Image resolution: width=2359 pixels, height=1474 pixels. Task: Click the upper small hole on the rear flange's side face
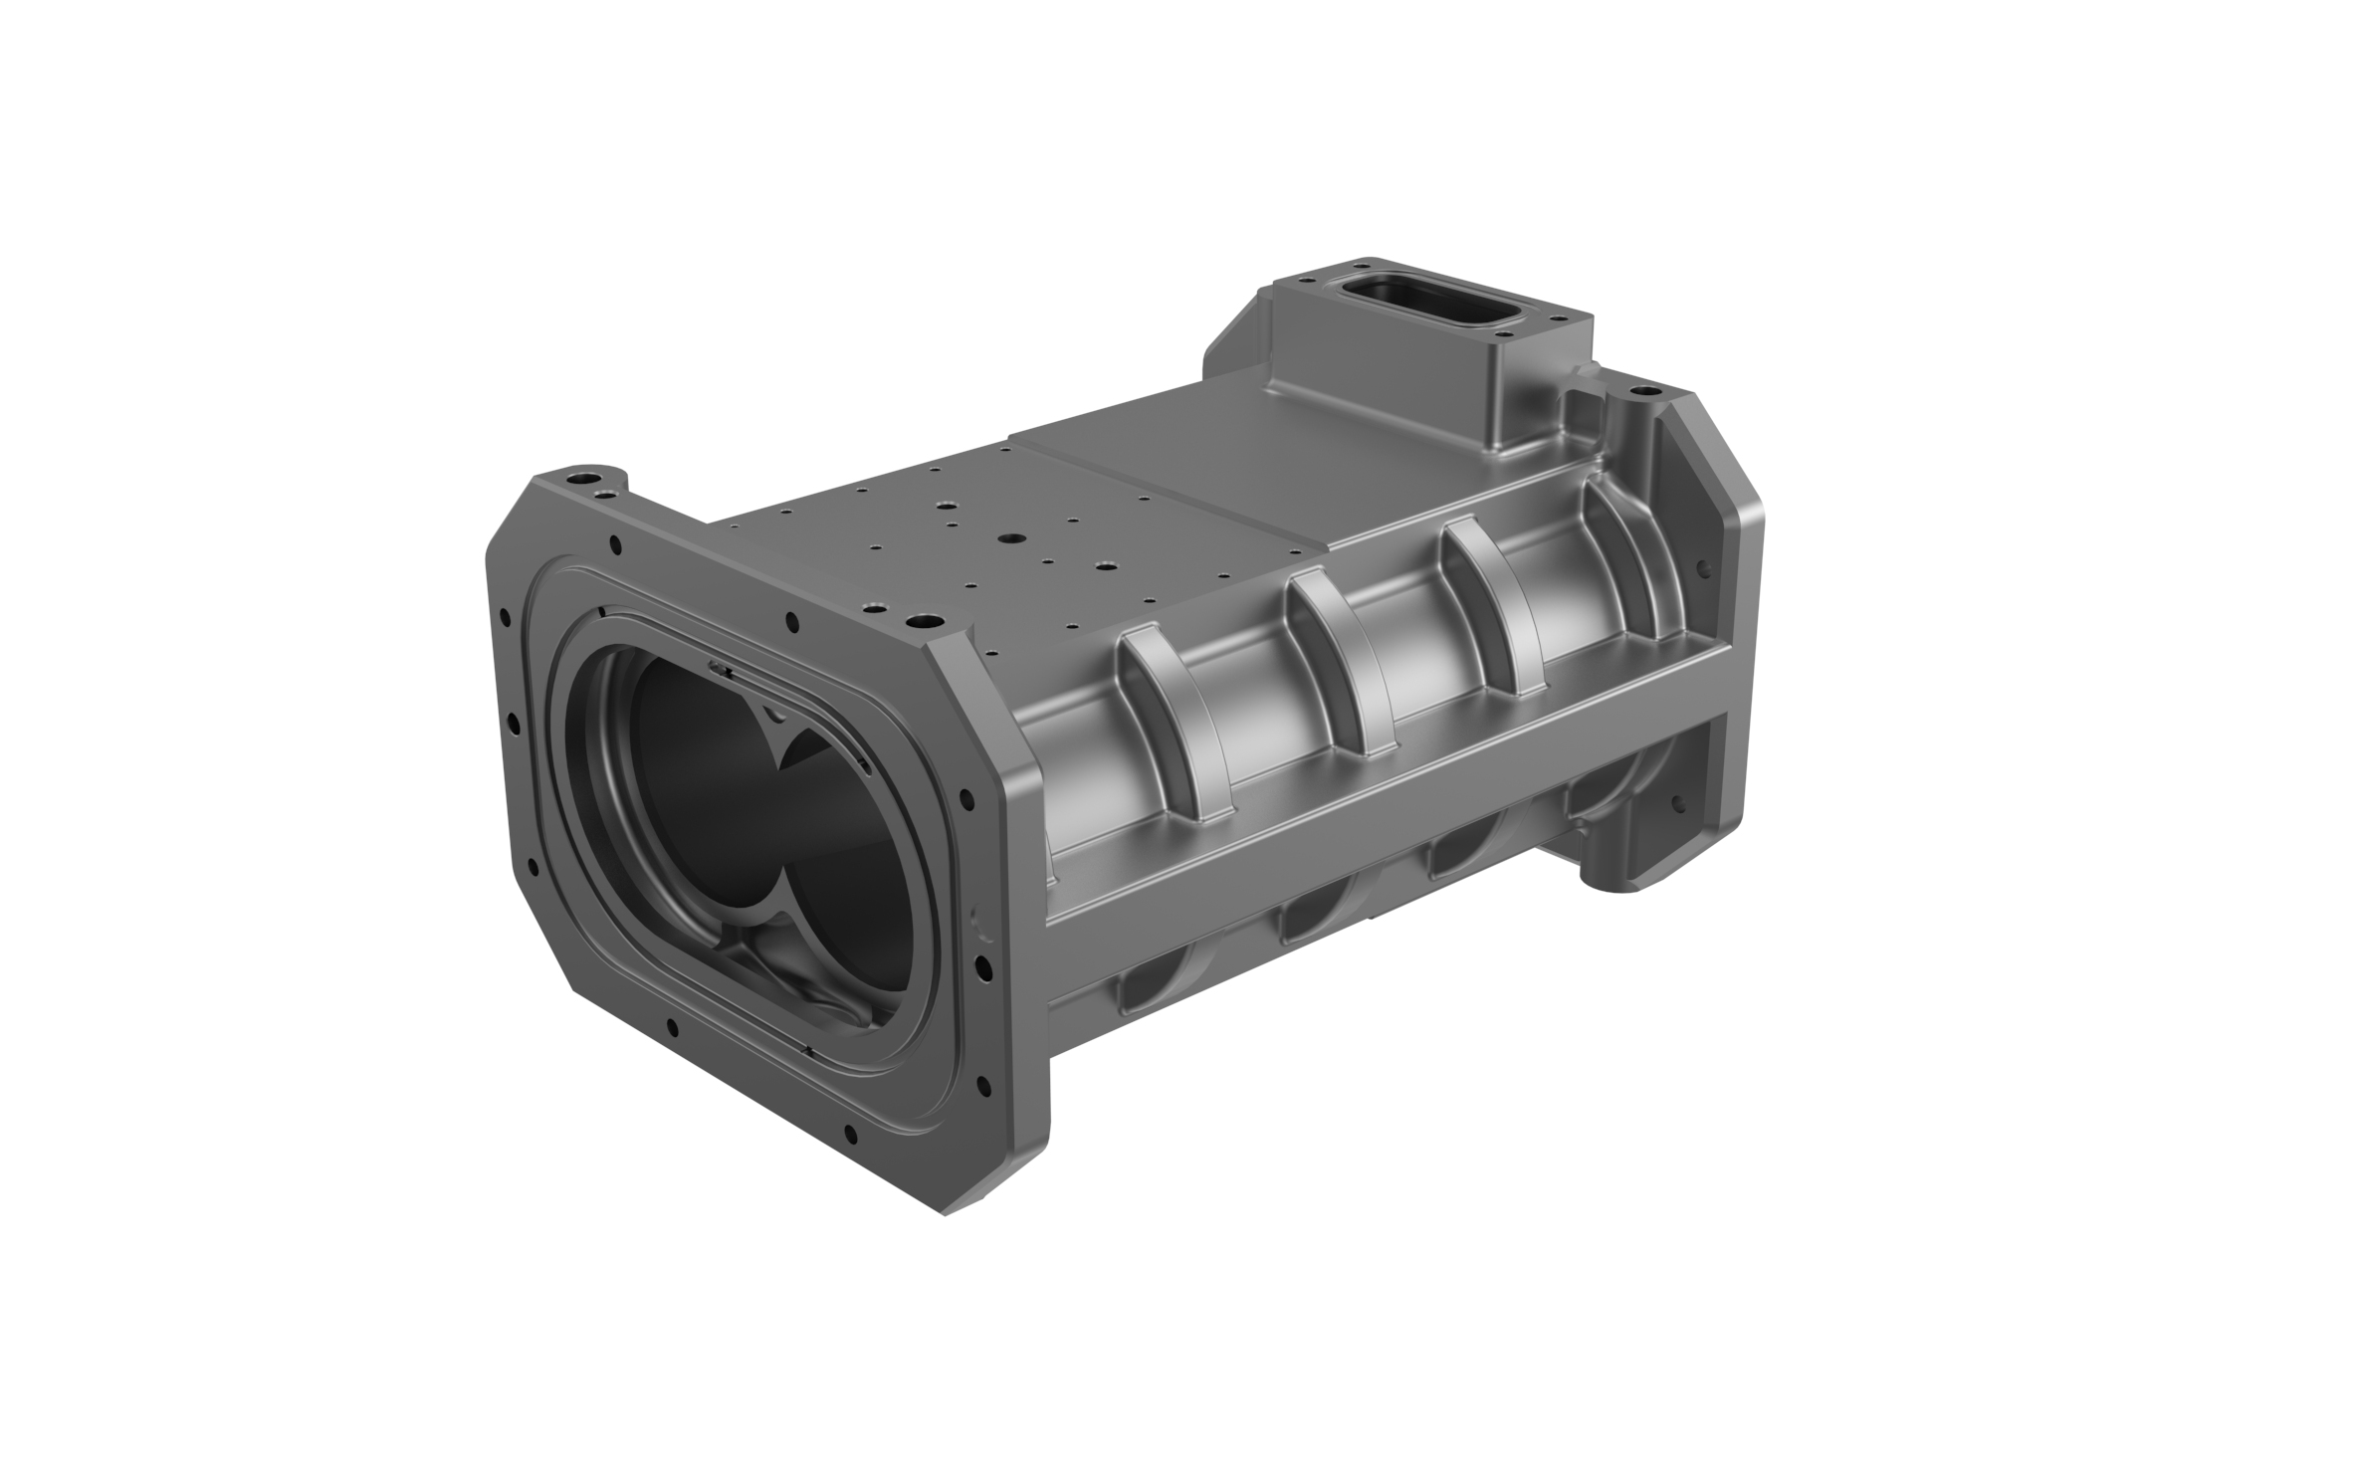pos(1704,570)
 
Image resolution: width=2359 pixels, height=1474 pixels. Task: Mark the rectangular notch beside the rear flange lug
pos(1583,406)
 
